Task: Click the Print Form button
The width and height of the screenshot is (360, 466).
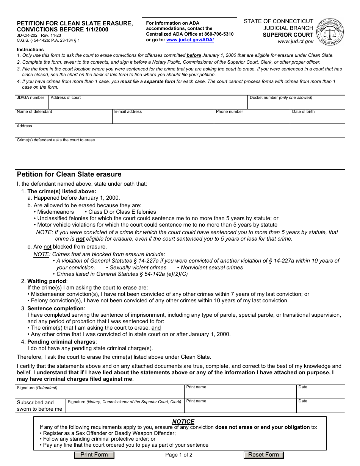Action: tap(94, 455)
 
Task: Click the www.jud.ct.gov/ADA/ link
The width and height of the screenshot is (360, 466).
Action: tap(190, 40)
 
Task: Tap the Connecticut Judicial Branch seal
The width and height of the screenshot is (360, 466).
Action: tap(330, 32)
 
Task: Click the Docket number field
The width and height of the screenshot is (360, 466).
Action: tap(296, 104)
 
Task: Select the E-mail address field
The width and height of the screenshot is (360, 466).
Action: tap(163, 118)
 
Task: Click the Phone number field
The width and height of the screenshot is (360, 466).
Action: tap(252, 118)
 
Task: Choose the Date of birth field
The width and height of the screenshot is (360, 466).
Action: tap(317, 118)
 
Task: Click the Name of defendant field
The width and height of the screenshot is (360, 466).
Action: tap(64, 118)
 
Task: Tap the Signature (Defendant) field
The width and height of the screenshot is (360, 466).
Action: tap(99, 394)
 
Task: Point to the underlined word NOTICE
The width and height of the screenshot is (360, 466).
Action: tap(183, 422)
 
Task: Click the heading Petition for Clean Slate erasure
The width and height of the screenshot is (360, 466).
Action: tap(69, 174)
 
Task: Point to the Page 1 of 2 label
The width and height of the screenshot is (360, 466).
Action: tap(179, 455)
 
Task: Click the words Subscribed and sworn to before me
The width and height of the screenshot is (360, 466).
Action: tap(39, 406)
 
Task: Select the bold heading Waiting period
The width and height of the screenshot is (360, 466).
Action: tap(47, 281)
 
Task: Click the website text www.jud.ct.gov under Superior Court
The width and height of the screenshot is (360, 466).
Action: tap(296, 42)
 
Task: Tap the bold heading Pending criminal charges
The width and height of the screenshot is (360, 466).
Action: tap(61, 342)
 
